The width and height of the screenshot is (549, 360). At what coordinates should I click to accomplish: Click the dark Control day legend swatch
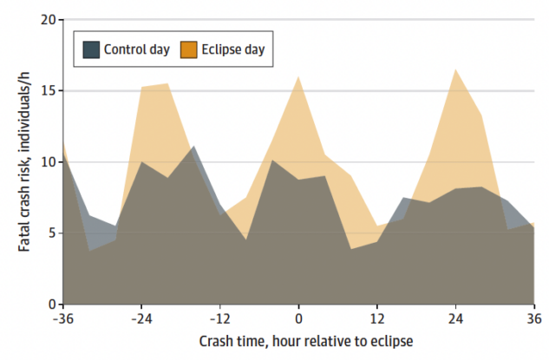tap(91, 49)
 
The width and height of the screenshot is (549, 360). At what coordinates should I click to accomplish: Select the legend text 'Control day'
tap(136, 49)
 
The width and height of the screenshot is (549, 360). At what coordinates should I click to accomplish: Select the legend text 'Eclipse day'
tap(234, 49)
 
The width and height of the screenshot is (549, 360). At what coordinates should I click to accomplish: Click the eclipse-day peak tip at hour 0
tap(298, 76)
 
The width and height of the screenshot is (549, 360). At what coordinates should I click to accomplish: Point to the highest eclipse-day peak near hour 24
tap(455, 69)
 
